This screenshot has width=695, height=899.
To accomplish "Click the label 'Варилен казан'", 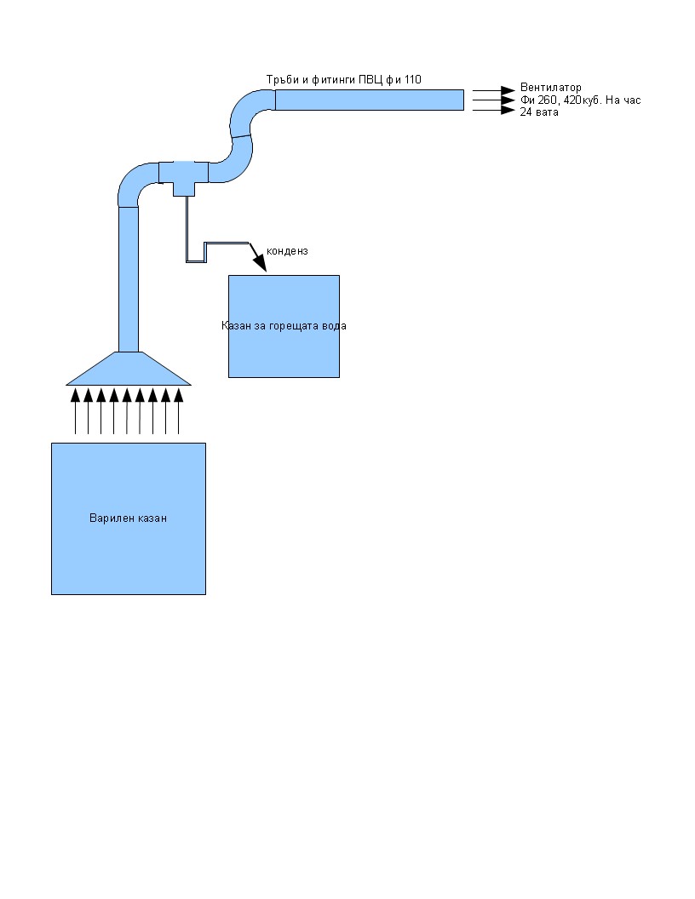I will pos(128,518).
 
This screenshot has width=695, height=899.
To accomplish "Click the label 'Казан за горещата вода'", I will pos(284,326).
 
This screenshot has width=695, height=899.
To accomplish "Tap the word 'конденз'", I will pos(287,251).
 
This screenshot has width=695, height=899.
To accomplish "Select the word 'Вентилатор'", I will pos(550,88).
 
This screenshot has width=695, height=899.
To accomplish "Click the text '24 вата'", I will pos(539,112).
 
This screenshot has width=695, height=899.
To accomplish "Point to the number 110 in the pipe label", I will pos(411,80).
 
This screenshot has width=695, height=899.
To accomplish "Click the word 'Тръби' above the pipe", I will pos(283,80).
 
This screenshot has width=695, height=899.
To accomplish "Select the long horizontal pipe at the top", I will pos(369,100).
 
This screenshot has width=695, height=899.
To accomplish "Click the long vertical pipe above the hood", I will pos(128,277).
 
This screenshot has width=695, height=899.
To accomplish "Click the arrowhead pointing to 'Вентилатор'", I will pos(508,89).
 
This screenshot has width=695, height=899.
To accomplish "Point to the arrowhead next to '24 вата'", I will pos(508,110).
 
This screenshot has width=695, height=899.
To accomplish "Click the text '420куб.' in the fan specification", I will pos(580,100).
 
